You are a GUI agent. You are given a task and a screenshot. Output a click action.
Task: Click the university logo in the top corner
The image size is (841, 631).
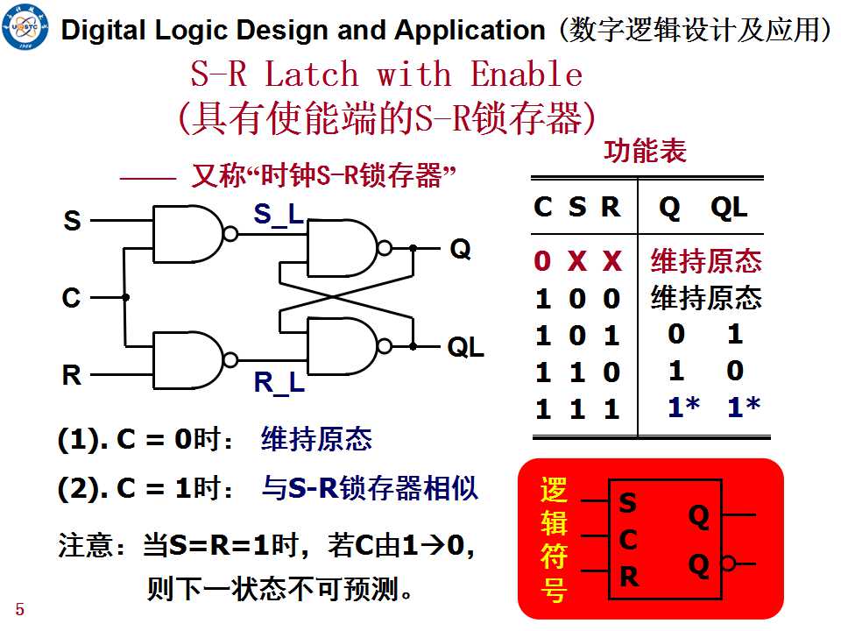coord(25,26)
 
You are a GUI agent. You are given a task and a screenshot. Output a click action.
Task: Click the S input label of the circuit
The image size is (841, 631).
coord(73,221)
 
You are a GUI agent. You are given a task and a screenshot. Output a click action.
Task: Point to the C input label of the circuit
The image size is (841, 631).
coord(71,298)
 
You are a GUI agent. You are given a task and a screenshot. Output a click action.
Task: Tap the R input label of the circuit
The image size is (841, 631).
coord(72,374)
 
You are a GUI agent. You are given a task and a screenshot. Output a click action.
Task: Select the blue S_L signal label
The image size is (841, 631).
coord(279,215)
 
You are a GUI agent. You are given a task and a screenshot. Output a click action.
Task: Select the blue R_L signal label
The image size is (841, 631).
coord(279,383)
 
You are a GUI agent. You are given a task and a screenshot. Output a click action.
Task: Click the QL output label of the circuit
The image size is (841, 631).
coord(465,347)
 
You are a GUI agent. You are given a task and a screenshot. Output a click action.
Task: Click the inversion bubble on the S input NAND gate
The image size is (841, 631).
coord(230,234)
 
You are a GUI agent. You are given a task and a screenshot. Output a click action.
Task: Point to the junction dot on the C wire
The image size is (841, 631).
coord(125,297)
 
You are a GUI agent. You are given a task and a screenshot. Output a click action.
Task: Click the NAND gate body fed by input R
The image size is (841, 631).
coord(187,360)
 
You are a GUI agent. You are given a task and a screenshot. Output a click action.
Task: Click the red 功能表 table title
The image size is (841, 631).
coord(646,151)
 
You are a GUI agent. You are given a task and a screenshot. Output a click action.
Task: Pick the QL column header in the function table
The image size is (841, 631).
coord(729,207)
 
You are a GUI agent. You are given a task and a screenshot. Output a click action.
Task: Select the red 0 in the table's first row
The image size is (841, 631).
coord(542,261)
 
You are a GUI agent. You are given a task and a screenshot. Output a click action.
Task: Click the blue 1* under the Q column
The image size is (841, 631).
coord(684,408)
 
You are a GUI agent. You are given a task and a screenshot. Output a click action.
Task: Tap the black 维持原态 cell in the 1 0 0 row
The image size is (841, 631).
coord(706,298)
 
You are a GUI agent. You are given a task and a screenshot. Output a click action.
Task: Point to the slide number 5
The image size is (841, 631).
coord(20,610)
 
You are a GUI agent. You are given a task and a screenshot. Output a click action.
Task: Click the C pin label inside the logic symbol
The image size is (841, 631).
coord(628,540)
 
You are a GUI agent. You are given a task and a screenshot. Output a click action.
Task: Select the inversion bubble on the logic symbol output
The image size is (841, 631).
coord(728,564)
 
